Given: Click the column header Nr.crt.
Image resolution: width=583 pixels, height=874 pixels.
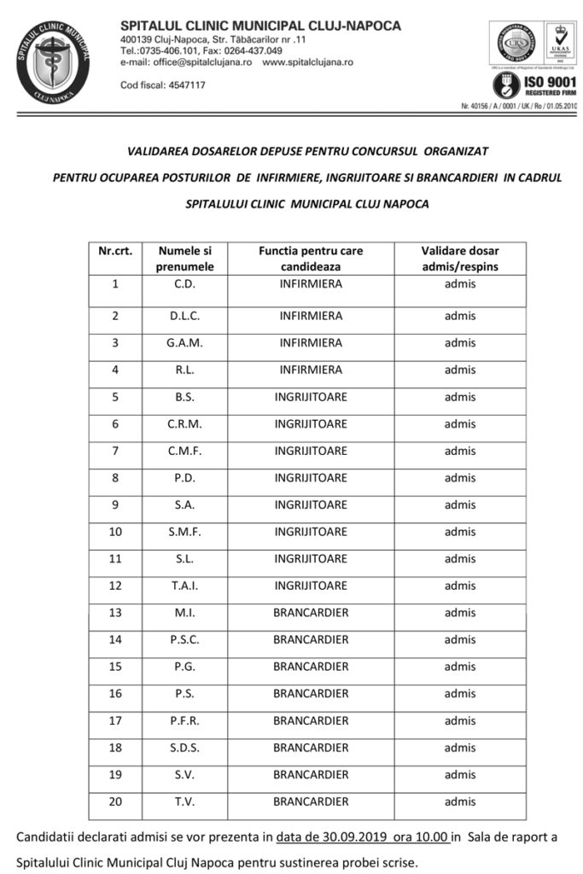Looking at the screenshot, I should point(115,251).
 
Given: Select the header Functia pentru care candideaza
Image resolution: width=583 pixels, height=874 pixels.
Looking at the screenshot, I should point(311,259).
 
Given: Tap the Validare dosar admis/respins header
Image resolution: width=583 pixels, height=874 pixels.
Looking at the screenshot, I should point(460,259).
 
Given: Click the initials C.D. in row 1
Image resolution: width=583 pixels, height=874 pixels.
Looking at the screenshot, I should point(184,284).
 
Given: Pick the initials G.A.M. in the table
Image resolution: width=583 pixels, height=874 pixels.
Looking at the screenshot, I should point(184,343).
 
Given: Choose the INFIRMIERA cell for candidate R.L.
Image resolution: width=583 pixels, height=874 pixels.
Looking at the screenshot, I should point(311,370).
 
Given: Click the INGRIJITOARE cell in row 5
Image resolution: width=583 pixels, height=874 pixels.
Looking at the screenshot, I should point(311,397).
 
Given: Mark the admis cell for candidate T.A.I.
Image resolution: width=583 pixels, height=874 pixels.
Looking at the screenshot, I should point(460,586).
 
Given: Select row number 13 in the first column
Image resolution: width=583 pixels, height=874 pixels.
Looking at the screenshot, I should point(115,613).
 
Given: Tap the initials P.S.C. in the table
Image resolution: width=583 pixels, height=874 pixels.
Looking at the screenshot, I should point(184,640).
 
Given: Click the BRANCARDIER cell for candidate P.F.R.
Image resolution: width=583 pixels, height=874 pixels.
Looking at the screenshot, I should point(311,721).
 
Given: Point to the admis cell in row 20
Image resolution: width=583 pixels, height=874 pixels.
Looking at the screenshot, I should point(460,802).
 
